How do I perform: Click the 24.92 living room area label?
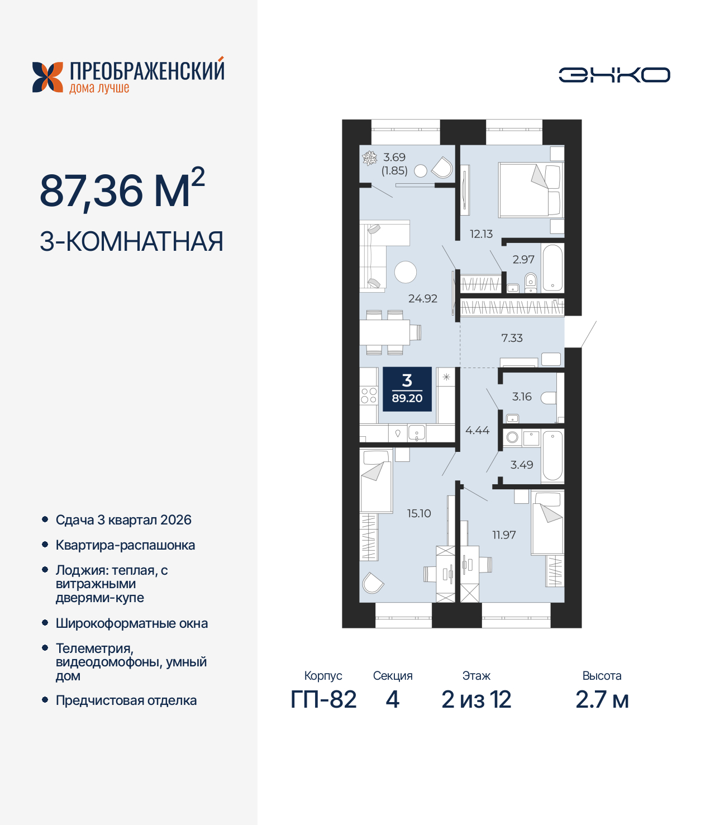click(x=422, y=299)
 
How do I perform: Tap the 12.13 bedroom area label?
click(x=481, y=234)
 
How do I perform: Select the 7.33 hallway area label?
click(x=512, y=338)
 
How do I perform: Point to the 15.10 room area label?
click(x=419, y=513)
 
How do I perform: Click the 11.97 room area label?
click(x=504, y=535)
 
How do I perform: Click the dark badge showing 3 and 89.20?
click(x=407, y=389)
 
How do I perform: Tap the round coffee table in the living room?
click(x=406, y=273)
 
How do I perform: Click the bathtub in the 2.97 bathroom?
click(x=552, y=268)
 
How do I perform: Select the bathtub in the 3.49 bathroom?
click(x=552, y=455)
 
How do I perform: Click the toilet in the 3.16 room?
click(x=549, y=398)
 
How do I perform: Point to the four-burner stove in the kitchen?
click(x=368, y=395)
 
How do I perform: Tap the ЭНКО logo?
click(x=614, y=75)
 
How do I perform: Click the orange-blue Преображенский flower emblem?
click(x=47, y=77)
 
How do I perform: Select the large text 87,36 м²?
click(x=122, y=189)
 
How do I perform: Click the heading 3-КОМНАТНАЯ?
click(x=131, y=241)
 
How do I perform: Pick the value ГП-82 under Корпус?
click(x=323, y=699)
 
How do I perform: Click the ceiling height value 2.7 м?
click(x=602, y=699)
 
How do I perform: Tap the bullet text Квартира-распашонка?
click(x=125, y=545)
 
